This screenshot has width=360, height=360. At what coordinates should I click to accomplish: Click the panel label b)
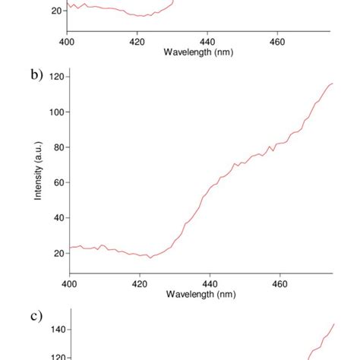point(36,75)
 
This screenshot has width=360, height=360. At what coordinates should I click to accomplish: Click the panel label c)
point(36,316)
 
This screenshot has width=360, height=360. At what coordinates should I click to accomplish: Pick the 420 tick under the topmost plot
point(137,41)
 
